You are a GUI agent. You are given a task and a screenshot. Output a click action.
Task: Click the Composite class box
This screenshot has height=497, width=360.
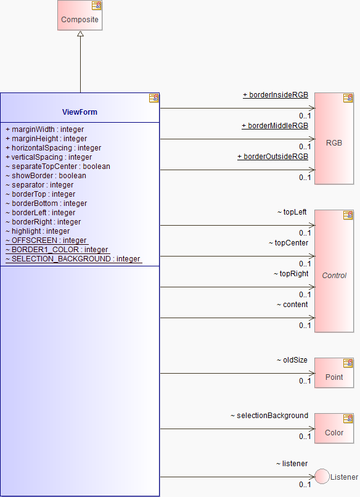coord(80,15)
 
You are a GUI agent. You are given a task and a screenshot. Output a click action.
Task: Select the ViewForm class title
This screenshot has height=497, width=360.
coord(80,112)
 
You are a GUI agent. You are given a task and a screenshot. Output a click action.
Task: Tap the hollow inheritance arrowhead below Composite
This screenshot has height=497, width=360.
coord(81,33)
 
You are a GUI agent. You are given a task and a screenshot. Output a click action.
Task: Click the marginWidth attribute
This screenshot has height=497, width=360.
coord(44,129)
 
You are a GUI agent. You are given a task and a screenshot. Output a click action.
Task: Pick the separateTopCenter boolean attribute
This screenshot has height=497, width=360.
coord(58,166)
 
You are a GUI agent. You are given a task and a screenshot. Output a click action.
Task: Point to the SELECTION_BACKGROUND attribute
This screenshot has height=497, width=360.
coord(73,259)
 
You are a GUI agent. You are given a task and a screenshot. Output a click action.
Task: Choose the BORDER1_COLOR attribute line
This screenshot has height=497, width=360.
coord(57,250)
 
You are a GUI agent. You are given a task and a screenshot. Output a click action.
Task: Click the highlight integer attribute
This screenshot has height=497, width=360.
coord(38,231)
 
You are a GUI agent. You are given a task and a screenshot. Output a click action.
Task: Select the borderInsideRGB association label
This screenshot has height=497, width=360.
coord(276,95)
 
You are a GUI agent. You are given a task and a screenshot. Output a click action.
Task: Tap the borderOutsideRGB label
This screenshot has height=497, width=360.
coord(273,157)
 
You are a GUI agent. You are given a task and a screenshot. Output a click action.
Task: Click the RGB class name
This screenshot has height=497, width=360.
coord(334,143)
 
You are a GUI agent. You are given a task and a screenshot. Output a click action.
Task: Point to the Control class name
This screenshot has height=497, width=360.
coord(334,276)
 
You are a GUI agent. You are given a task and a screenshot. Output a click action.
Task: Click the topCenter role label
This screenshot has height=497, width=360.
coord(288,243)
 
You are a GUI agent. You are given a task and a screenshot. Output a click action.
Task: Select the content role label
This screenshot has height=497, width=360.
coord(292,305)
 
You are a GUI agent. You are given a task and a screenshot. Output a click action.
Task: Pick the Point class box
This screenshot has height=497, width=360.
coord(334,373)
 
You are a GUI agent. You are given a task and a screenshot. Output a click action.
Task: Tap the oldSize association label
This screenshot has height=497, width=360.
coord(292,360)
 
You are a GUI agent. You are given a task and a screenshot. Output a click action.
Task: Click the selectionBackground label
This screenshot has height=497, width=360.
coord(269,416)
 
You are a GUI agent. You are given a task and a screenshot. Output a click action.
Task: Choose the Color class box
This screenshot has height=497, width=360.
coord(334,429)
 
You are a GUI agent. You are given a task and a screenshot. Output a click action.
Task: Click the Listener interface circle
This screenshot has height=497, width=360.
coord(322,477)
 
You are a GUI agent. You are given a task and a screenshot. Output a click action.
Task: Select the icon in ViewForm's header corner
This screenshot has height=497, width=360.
coord(154,98)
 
